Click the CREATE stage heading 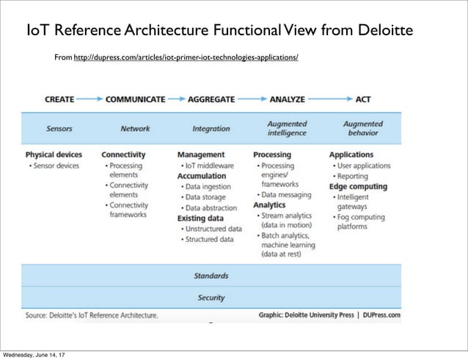click(59, 98)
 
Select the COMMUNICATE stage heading click(136, 98)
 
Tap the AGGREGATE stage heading click(211, 98)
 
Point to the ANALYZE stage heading click(288, 98)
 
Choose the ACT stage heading click(362, 98)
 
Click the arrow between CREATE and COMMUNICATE click(89, 98)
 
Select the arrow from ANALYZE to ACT click(330, 98)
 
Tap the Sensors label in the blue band click(59, 129)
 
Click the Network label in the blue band click(135, 129)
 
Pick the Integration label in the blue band click(211, 129)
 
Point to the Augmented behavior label click(362, 128)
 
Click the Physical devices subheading click(54, 155)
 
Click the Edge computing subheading click(358, 186)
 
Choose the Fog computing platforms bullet click(362, 222)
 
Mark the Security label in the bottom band click(211, 298)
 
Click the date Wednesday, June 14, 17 click(33, 355)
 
